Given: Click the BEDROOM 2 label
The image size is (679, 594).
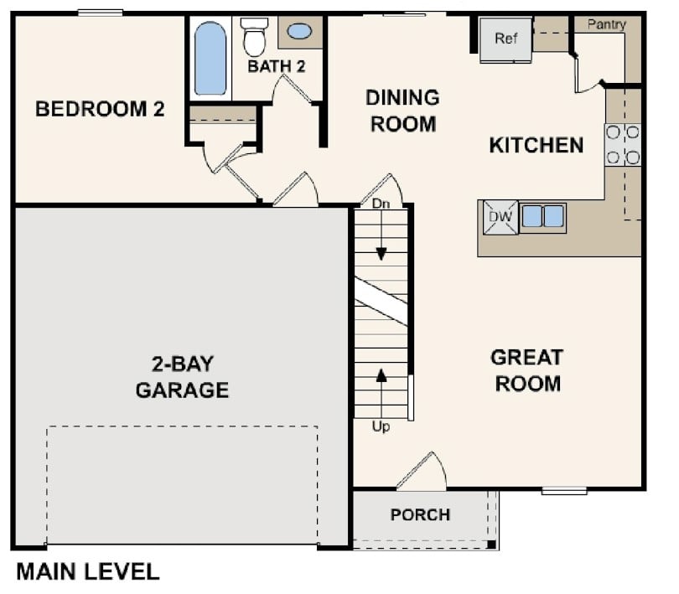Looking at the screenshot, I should (100, 109).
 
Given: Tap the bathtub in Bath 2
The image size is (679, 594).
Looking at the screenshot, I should (210, 59).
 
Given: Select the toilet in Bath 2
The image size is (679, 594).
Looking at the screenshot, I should (253, 37).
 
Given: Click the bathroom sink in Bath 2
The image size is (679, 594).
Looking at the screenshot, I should (299, 32).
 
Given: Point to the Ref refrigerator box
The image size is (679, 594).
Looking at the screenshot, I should (505, 39).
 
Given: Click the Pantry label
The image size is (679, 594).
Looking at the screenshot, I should (605, 24).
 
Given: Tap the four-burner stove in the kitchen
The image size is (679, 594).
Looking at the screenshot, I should (622, 144).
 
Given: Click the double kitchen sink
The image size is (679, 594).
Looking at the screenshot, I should (542, 216).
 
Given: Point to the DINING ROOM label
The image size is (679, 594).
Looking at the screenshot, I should (402, 111).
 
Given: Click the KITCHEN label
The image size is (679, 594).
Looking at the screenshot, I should (536, 145).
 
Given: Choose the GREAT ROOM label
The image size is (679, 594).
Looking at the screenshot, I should (526, 370).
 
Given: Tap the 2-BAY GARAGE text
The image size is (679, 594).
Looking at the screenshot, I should (182, 377).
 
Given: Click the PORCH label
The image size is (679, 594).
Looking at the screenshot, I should (420, 514).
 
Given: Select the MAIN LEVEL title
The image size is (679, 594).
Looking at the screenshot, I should (87, 571).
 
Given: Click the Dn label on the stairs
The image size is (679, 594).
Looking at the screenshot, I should (381, 203).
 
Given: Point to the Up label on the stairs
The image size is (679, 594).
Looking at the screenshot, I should (381, 426).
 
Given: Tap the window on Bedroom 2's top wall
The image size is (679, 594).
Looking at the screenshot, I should (100, 13).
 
